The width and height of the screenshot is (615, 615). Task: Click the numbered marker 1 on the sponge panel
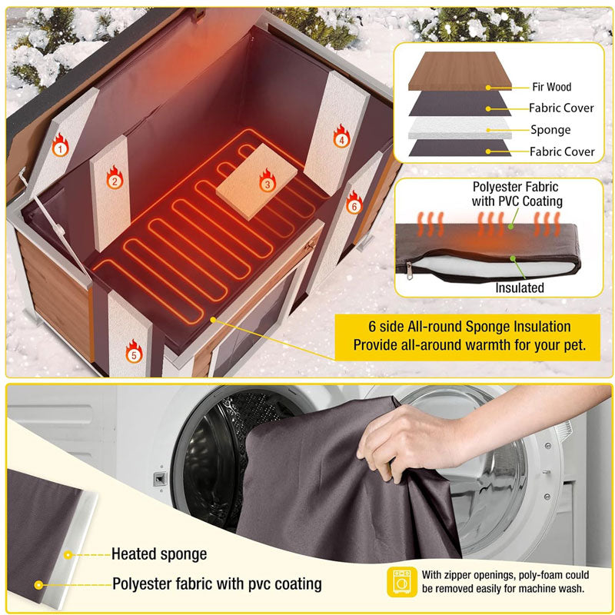pyautogui.click(x=59, y=148)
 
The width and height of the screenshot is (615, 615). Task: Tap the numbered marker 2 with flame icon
pyautogui.click(x=114, y=181)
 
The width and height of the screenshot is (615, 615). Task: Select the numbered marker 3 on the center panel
pyautogui.click(x=267, y=184)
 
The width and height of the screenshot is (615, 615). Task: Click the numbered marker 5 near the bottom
pyautogui.click(x=134, y=355)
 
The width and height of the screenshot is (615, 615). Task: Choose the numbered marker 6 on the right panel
pyautogui.click(x=354, y=206)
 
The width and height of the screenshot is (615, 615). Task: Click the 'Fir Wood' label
pyautogui.click(x=551, y=88)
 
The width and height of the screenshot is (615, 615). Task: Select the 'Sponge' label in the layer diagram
pyautogui.click(x=550, y=130)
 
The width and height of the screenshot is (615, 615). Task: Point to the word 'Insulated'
pyautogui.click(x=520, y=288)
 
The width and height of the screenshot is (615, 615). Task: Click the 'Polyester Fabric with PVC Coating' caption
pyautogui.click(x=516, y=194)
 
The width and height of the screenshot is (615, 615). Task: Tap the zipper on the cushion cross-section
pyautogui.click(x=411, y=269)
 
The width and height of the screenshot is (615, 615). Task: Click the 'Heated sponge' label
pyautogui.click(x=159, y=553)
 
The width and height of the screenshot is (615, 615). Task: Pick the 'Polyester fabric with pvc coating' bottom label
pyautogui.click(x=217, y=583)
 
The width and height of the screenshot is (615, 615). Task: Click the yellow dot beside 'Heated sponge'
pyautogui.click(x=68, y=553)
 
